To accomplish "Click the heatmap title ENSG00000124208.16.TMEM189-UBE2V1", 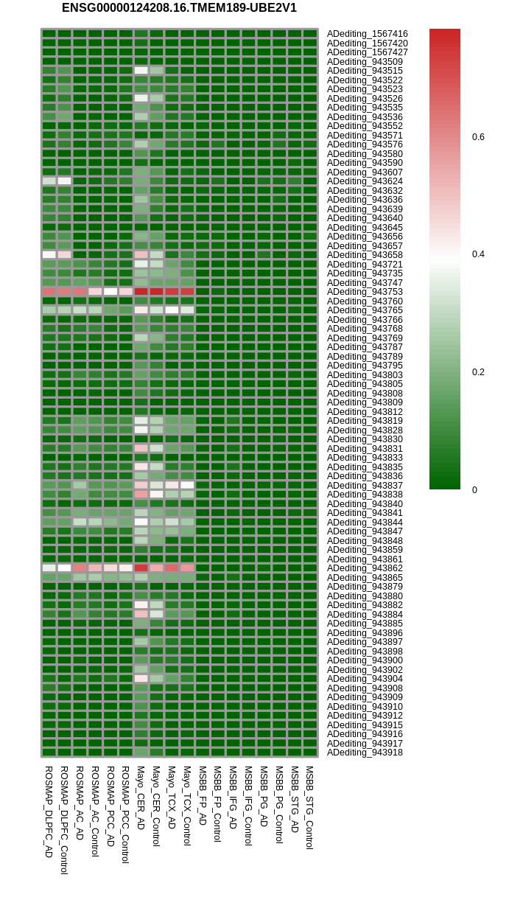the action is point(179,8).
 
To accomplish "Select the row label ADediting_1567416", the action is point(368,34).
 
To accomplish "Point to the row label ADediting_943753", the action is point(365,292).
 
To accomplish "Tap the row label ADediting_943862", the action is point(365,568).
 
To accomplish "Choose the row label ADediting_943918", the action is point(365,752).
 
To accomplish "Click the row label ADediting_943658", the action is point(365,255).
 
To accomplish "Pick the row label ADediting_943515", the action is point(365,71).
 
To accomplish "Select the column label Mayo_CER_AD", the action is point(141,798).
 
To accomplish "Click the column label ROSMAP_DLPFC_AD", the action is point(49,812).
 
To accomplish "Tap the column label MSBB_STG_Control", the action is point(309,807).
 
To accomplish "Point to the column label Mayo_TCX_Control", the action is point(187,806).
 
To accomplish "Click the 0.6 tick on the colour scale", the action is point(478,137).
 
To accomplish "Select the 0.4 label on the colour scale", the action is point(478,254).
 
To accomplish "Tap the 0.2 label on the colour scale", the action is point(478,372).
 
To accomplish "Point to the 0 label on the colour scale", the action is point(474,489).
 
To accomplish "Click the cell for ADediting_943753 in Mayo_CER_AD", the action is point(141,292).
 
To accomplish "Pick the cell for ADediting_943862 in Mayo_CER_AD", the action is point(141,568).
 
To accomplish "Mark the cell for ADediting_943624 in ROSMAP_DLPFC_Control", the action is point(64,181).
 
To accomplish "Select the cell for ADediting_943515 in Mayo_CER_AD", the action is point(141,71).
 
